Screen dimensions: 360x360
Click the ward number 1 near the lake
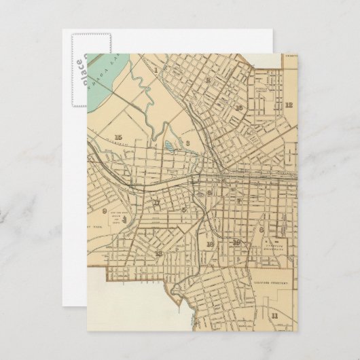155,69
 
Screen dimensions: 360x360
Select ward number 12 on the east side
289,105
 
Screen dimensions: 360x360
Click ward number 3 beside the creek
186,144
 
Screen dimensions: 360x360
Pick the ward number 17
156,202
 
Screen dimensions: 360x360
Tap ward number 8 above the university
262,231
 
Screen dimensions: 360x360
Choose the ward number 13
158,253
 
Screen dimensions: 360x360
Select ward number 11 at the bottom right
274,315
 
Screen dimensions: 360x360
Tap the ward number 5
210,194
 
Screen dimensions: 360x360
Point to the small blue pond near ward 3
168,145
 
